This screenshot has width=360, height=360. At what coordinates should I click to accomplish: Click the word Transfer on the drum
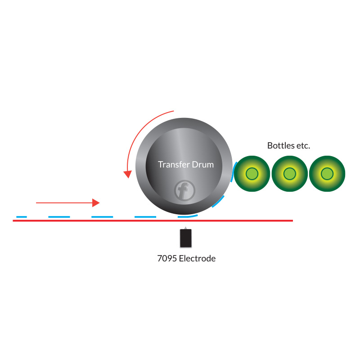point(174,164)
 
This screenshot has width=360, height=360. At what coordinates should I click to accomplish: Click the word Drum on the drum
point(203,165)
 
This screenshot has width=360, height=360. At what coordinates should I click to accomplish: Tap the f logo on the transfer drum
point(184,190)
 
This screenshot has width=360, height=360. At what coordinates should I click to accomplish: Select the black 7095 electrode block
point(186,238)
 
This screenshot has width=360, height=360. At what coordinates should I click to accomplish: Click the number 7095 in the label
point(167,258)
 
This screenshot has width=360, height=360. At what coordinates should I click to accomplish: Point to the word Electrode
point(197,258)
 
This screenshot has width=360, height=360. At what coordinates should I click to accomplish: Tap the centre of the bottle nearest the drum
point(252,174)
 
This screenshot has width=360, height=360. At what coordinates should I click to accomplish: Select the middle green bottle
point(289,174)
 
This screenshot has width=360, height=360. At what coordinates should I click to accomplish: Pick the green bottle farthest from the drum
point(327,174)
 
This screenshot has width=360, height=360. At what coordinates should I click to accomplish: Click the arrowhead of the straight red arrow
point(96,203)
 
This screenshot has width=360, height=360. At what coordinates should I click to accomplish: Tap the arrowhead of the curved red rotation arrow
point(127,174)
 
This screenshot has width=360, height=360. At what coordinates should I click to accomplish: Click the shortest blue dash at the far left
point(22,217)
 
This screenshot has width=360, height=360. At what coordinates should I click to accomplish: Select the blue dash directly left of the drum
point(145,217)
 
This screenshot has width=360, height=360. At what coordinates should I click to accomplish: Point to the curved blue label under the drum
point(188,216)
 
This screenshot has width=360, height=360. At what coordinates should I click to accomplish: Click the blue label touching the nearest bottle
point(233,171)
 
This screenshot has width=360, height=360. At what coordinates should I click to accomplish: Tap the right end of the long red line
point(293,220)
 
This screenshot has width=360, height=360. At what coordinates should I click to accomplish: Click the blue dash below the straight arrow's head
point(102,217)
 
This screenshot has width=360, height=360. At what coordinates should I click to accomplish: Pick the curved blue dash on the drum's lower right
point(219,201)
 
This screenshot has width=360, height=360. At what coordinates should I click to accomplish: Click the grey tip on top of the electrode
point(185,228)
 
